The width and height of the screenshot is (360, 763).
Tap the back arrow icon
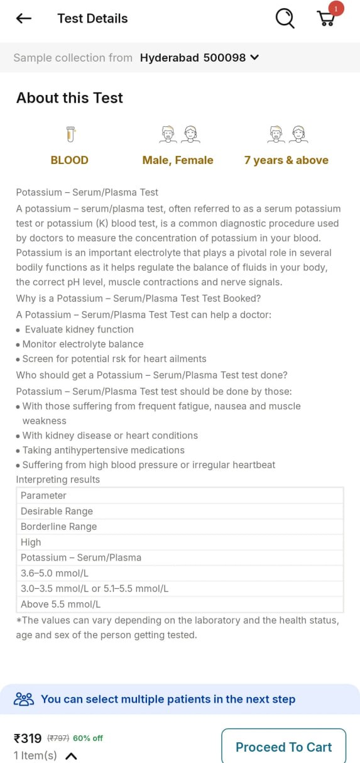(24, 19)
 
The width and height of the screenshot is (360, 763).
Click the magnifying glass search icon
(285, 19)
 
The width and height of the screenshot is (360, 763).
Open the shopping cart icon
(325, 19)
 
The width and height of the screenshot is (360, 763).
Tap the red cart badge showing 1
(336, 9)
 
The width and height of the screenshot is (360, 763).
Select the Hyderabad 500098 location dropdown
(199, 58)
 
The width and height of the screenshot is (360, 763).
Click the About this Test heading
(70, 98)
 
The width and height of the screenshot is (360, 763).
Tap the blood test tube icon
(70, 134)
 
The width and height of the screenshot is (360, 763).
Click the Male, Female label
(178, 160)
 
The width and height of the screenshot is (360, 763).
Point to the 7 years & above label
(286, 160)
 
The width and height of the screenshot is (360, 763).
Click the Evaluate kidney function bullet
(79, 329)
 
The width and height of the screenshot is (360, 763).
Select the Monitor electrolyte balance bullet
(83, 344)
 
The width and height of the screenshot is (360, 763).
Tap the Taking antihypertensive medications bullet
(104, 450)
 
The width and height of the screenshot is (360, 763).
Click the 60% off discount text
(88, 738)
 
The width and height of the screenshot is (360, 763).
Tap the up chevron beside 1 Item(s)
(71, 756)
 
